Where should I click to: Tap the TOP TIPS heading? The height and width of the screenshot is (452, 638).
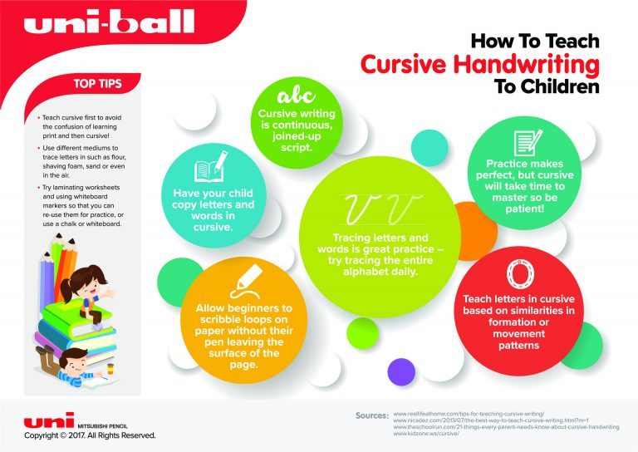(x=98, y=83)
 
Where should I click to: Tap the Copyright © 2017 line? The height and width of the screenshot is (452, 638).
(x=89, y=435)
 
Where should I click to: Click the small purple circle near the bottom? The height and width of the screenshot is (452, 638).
(x=402, y=370)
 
